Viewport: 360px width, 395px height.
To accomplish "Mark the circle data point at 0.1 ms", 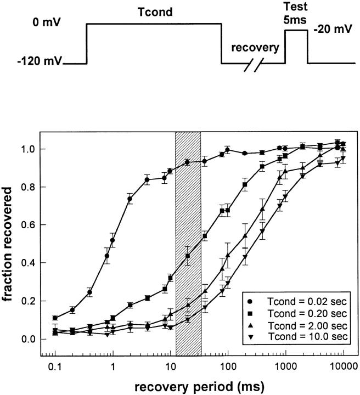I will [x=55, y=318].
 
